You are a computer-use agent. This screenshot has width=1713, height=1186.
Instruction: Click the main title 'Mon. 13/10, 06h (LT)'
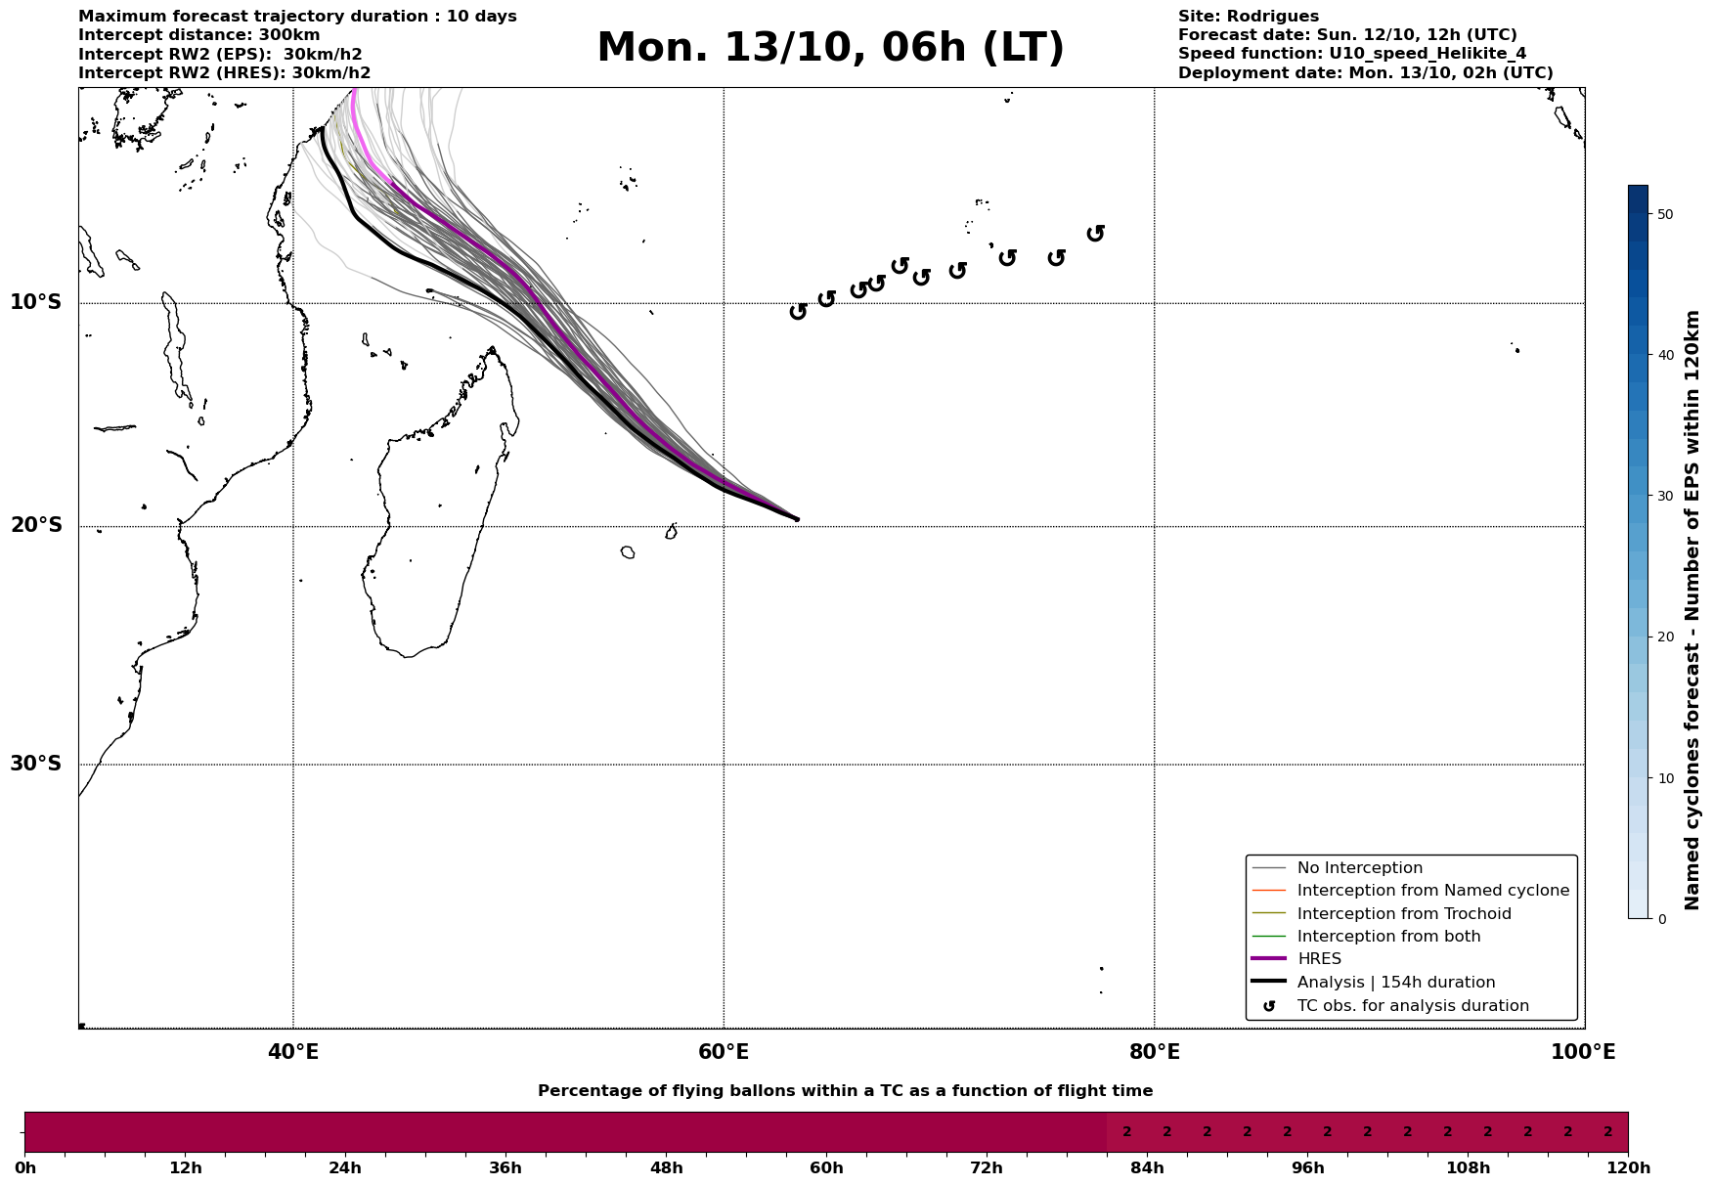point(830,49)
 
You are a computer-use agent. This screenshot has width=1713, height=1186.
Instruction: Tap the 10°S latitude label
point(36,302)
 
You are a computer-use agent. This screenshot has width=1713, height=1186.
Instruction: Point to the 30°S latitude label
point(36,764)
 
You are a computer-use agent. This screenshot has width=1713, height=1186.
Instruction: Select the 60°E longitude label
point(724,1053)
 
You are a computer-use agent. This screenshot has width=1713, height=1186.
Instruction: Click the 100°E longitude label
point(1583,1053)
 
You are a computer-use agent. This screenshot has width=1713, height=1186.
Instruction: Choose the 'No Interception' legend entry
point(1359,868)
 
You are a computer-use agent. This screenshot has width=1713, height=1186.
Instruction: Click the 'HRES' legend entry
point(1319,959)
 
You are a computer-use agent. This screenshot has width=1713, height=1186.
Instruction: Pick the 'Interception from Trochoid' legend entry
point(1403,914)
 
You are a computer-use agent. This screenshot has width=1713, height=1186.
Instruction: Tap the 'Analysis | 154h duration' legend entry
point(1395,983)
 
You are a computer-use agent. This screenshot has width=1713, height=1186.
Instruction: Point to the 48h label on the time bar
point(666,1168)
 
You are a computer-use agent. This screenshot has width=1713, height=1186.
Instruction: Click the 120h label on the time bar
point(1628,1168)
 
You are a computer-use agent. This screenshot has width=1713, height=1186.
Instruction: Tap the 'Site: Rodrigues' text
point(1248,17)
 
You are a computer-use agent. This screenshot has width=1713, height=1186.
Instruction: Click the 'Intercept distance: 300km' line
point(198,35)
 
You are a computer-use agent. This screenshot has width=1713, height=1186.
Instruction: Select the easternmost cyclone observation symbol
point(1096,233)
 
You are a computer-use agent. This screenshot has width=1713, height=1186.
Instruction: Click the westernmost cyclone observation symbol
point(798,311)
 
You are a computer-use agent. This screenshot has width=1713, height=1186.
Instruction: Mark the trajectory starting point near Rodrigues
point(797,519)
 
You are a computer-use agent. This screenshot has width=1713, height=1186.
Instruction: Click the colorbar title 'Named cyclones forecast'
point(1693,610)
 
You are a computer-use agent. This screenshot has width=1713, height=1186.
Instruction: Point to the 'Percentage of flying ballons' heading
point(845,1091)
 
